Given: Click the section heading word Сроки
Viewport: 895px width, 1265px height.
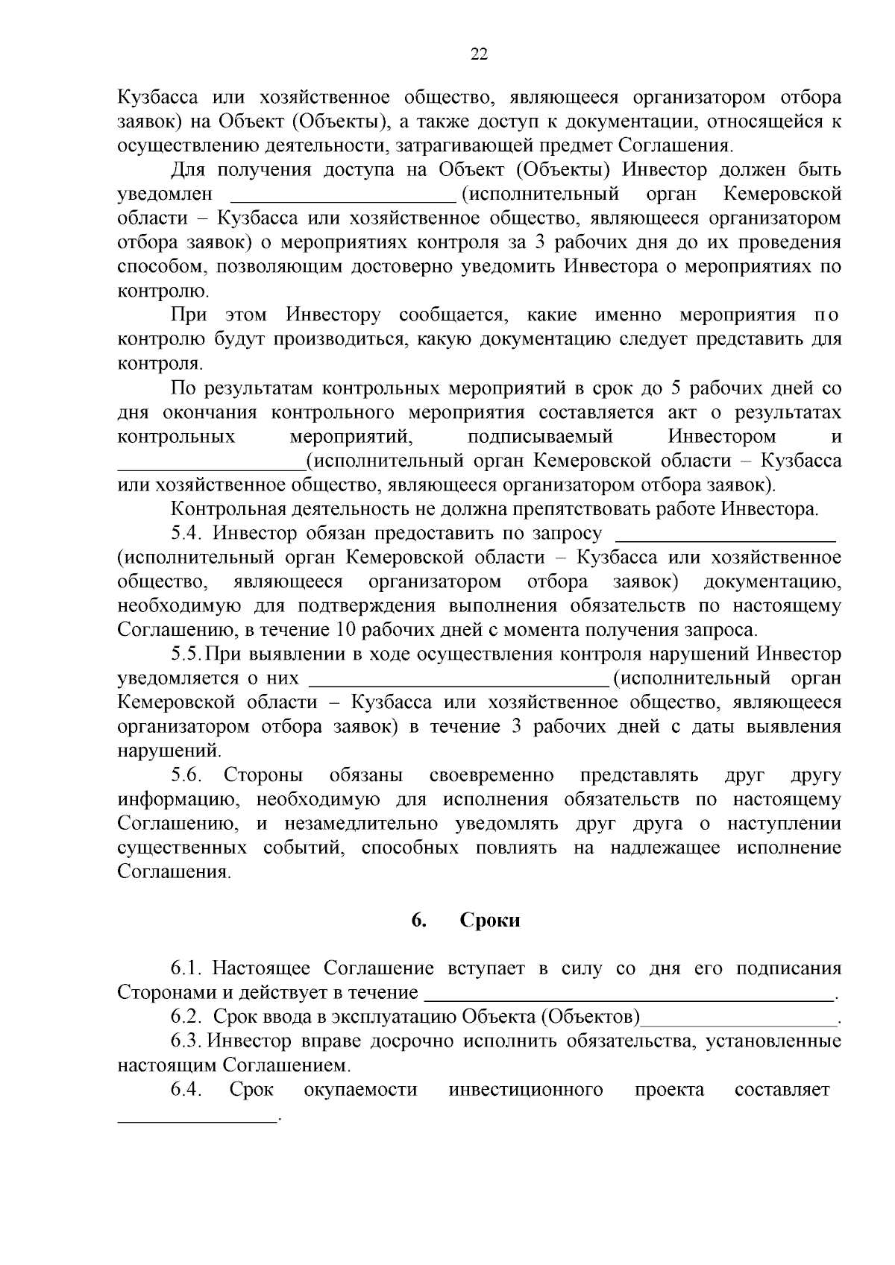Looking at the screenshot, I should click(x=490, y=920).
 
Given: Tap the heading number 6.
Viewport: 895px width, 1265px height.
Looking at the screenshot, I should click(x=418, y=920).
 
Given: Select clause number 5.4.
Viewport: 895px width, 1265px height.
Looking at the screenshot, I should click(x=186, y=533).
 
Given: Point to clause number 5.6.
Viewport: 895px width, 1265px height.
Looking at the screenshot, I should click(x=186, y=775).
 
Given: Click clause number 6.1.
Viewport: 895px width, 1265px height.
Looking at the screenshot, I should click(x=186, y=968).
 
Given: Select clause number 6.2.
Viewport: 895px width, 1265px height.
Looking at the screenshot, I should click(x=186, y=1017).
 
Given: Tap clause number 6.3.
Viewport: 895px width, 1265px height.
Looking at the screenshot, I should click(x=186, y=1041).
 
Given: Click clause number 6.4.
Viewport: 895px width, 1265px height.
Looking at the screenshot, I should click(x=186, y=1089).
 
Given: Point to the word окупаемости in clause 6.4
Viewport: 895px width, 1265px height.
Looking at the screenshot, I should click(x=361, y=1089).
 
